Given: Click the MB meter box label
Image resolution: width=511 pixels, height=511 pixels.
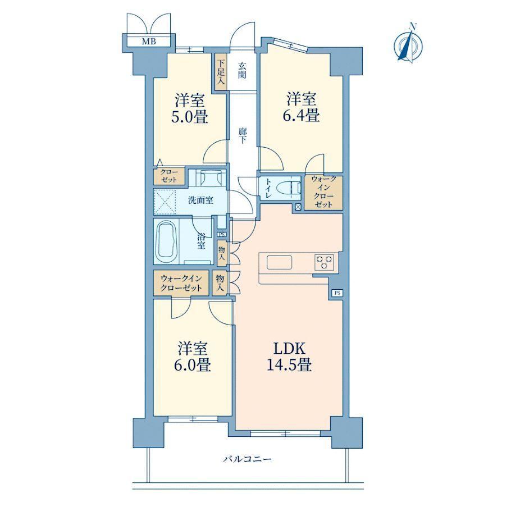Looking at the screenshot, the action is click(149, 42).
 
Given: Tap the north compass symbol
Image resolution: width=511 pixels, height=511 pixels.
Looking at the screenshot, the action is click(408, 43).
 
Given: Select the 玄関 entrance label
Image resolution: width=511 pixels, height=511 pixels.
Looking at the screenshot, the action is click(242, 70).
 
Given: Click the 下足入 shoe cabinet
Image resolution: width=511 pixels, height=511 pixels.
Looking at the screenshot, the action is click(221, 72).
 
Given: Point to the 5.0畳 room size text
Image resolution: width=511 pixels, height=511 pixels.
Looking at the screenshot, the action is click(190, 117).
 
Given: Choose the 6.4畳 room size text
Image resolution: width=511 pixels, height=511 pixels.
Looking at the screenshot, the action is click(301, 115).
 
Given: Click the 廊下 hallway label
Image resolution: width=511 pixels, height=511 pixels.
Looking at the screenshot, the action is click(243, 135).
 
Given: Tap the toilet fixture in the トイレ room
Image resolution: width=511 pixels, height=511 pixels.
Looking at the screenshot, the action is click(289, 188).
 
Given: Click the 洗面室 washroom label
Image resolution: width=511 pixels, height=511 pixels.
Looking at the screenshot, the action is click(201, 200).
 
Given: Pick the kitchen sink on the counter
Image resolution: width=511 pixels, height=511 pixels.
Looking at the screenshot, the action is click(279, 262).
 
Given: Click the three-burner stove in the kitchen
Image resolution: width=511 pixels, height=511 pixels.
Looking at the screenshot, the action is click(324, 262).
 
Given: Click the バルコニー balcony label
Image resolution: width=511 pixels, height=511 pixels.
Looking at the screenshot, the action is click(247, 459).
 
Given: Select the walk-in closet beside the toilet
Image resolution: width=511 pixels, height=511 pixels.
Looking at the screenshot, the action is click(323, 193).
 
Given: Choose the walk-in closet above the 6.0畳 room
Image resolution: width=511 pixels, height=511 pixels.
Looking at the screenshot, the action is click(181, 283).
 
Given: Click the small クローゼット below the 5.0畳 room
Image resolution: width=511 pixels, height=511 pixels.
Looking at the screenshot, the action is click(169, 176).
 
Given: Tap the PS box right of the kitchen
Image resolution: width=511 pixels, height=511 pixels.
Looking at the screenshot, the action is click(337, 293).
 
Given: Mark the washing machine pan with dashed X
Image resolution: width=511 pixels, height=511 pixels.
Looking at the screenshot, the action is click(165, 202).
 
